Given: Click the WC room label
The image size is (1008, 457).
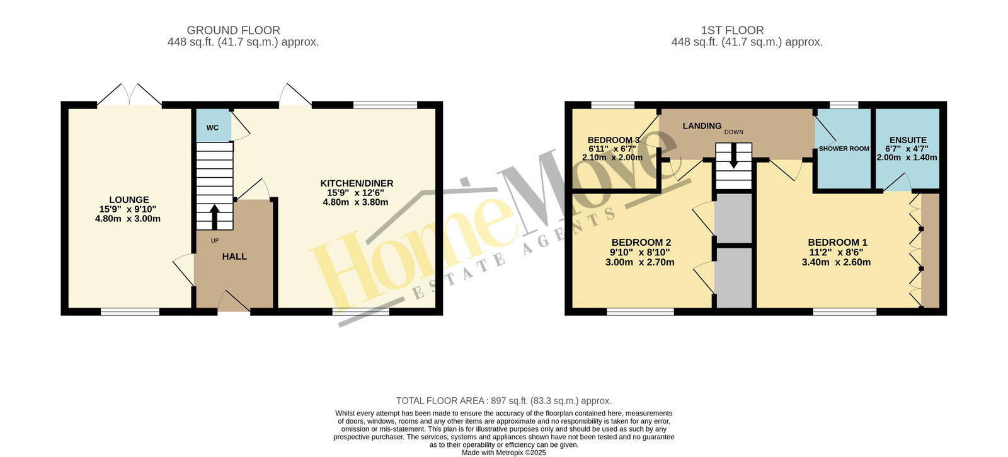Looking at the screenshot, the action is click(x=212, y=128).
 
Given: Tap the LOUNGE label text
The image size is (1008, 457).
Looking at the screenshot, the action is click(x=129, y=199).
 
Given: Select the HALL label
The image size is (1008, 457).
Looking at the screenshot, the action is click(x=234, y=257).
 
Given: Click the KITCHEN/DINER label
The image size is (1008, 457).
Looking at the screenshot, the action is click(x=357, y=183).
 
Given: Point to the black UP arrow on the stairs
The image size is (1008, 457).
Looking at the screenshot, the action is click(x=215, y=217).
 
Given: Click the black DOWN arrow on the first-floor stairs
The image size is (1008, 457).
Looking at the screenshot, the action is click(x=733, y=156).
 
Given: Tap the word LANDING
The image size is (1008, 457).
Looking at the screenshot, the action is click(x=702, y=126).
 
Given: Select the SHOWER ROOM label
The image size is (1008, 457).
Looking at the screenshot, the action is click(x=844, y=149).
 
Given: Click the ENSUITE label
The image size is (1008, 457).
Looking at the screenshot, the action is click(x=908, y=140).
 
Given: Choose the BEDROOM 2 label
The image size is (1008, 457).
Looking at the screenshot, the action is click(x=641, y=242).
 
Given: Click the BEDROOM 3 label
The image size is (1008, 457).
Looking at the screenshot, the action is click(x=614, y=139).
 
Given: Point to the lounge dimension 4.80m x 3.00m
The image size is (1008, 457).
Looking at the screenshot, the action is click(x=128, y=219).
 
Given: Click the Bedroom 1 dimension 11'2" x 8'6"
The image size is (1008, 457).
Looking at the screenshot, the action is click(x=835, y=252).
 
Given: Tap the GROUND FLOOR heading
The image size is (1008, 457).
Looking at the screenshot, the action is click(x=234, y=30).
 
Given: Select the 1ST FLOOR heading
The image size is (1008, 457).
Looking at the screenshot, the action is click(x=732, y=30).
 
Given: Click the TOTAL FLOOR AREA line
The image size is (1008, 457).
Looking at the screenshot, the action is click(x=503, y=401).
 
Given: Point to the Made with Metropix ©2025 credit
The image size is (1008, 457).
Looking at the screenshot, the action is click(x=503, y=453).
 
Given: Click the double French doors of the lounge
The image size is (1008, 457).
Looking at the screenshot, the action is click(x=130, y=95).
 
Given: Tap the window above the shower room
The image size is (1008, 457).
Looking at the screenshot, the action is click(x=844, y=105).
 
